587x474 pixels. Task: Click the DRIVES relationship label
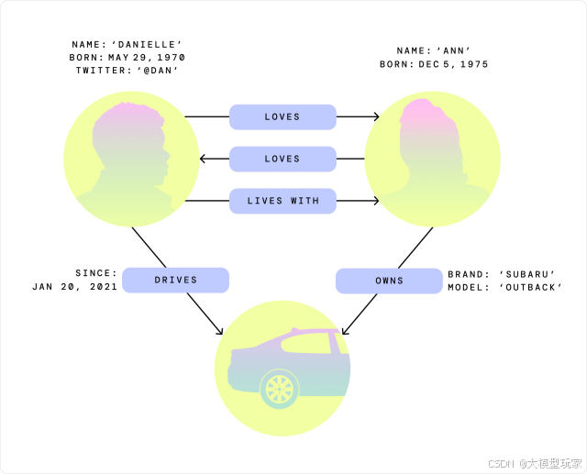175,280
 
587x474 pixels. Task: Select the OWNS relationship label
389,281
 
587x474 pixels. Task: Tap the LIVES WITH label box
282,200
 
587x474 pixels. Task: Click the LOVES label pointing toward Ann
282,116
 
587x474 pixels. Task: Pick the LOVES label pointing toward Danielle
282,159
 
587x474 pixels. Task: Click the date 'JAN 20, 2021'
74,286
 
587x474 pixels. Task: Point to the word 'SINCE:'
96,273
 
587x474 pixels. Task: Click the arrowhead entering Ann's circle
376,116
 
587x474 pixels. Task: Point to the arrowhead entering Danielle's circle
204,159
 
